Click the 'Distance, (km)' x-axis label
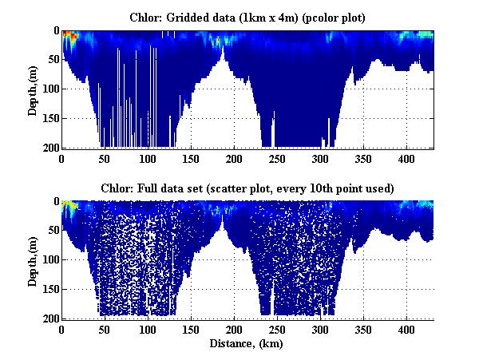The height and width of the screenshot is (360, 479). coord(247,344)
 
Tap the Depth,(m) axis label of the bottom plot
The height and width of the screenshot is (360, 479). coord(33,260)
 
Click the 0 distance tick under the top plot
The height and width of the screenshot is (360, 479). coord(61,158)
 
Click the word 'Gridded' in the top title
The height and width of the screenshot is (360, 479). coord(200,17)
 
